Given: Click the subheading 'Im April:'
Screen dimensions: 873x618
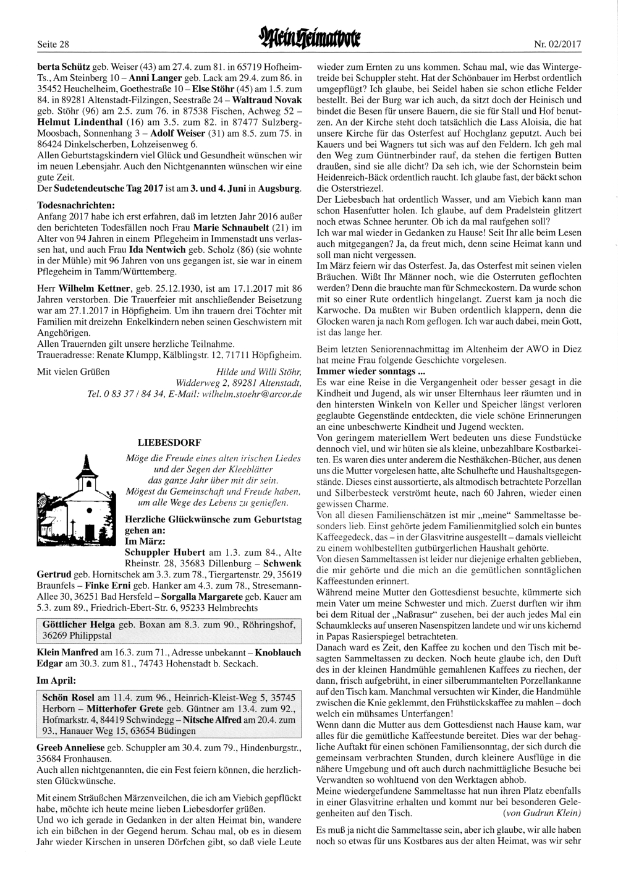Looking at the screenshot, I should click(56, 680).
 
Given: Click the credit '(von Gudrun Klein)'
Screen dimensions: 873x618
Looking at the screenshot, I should click(542, 812).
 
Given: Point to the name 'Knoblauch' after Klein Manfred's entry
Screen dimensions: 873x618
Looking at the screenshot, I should click(278, 652).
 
